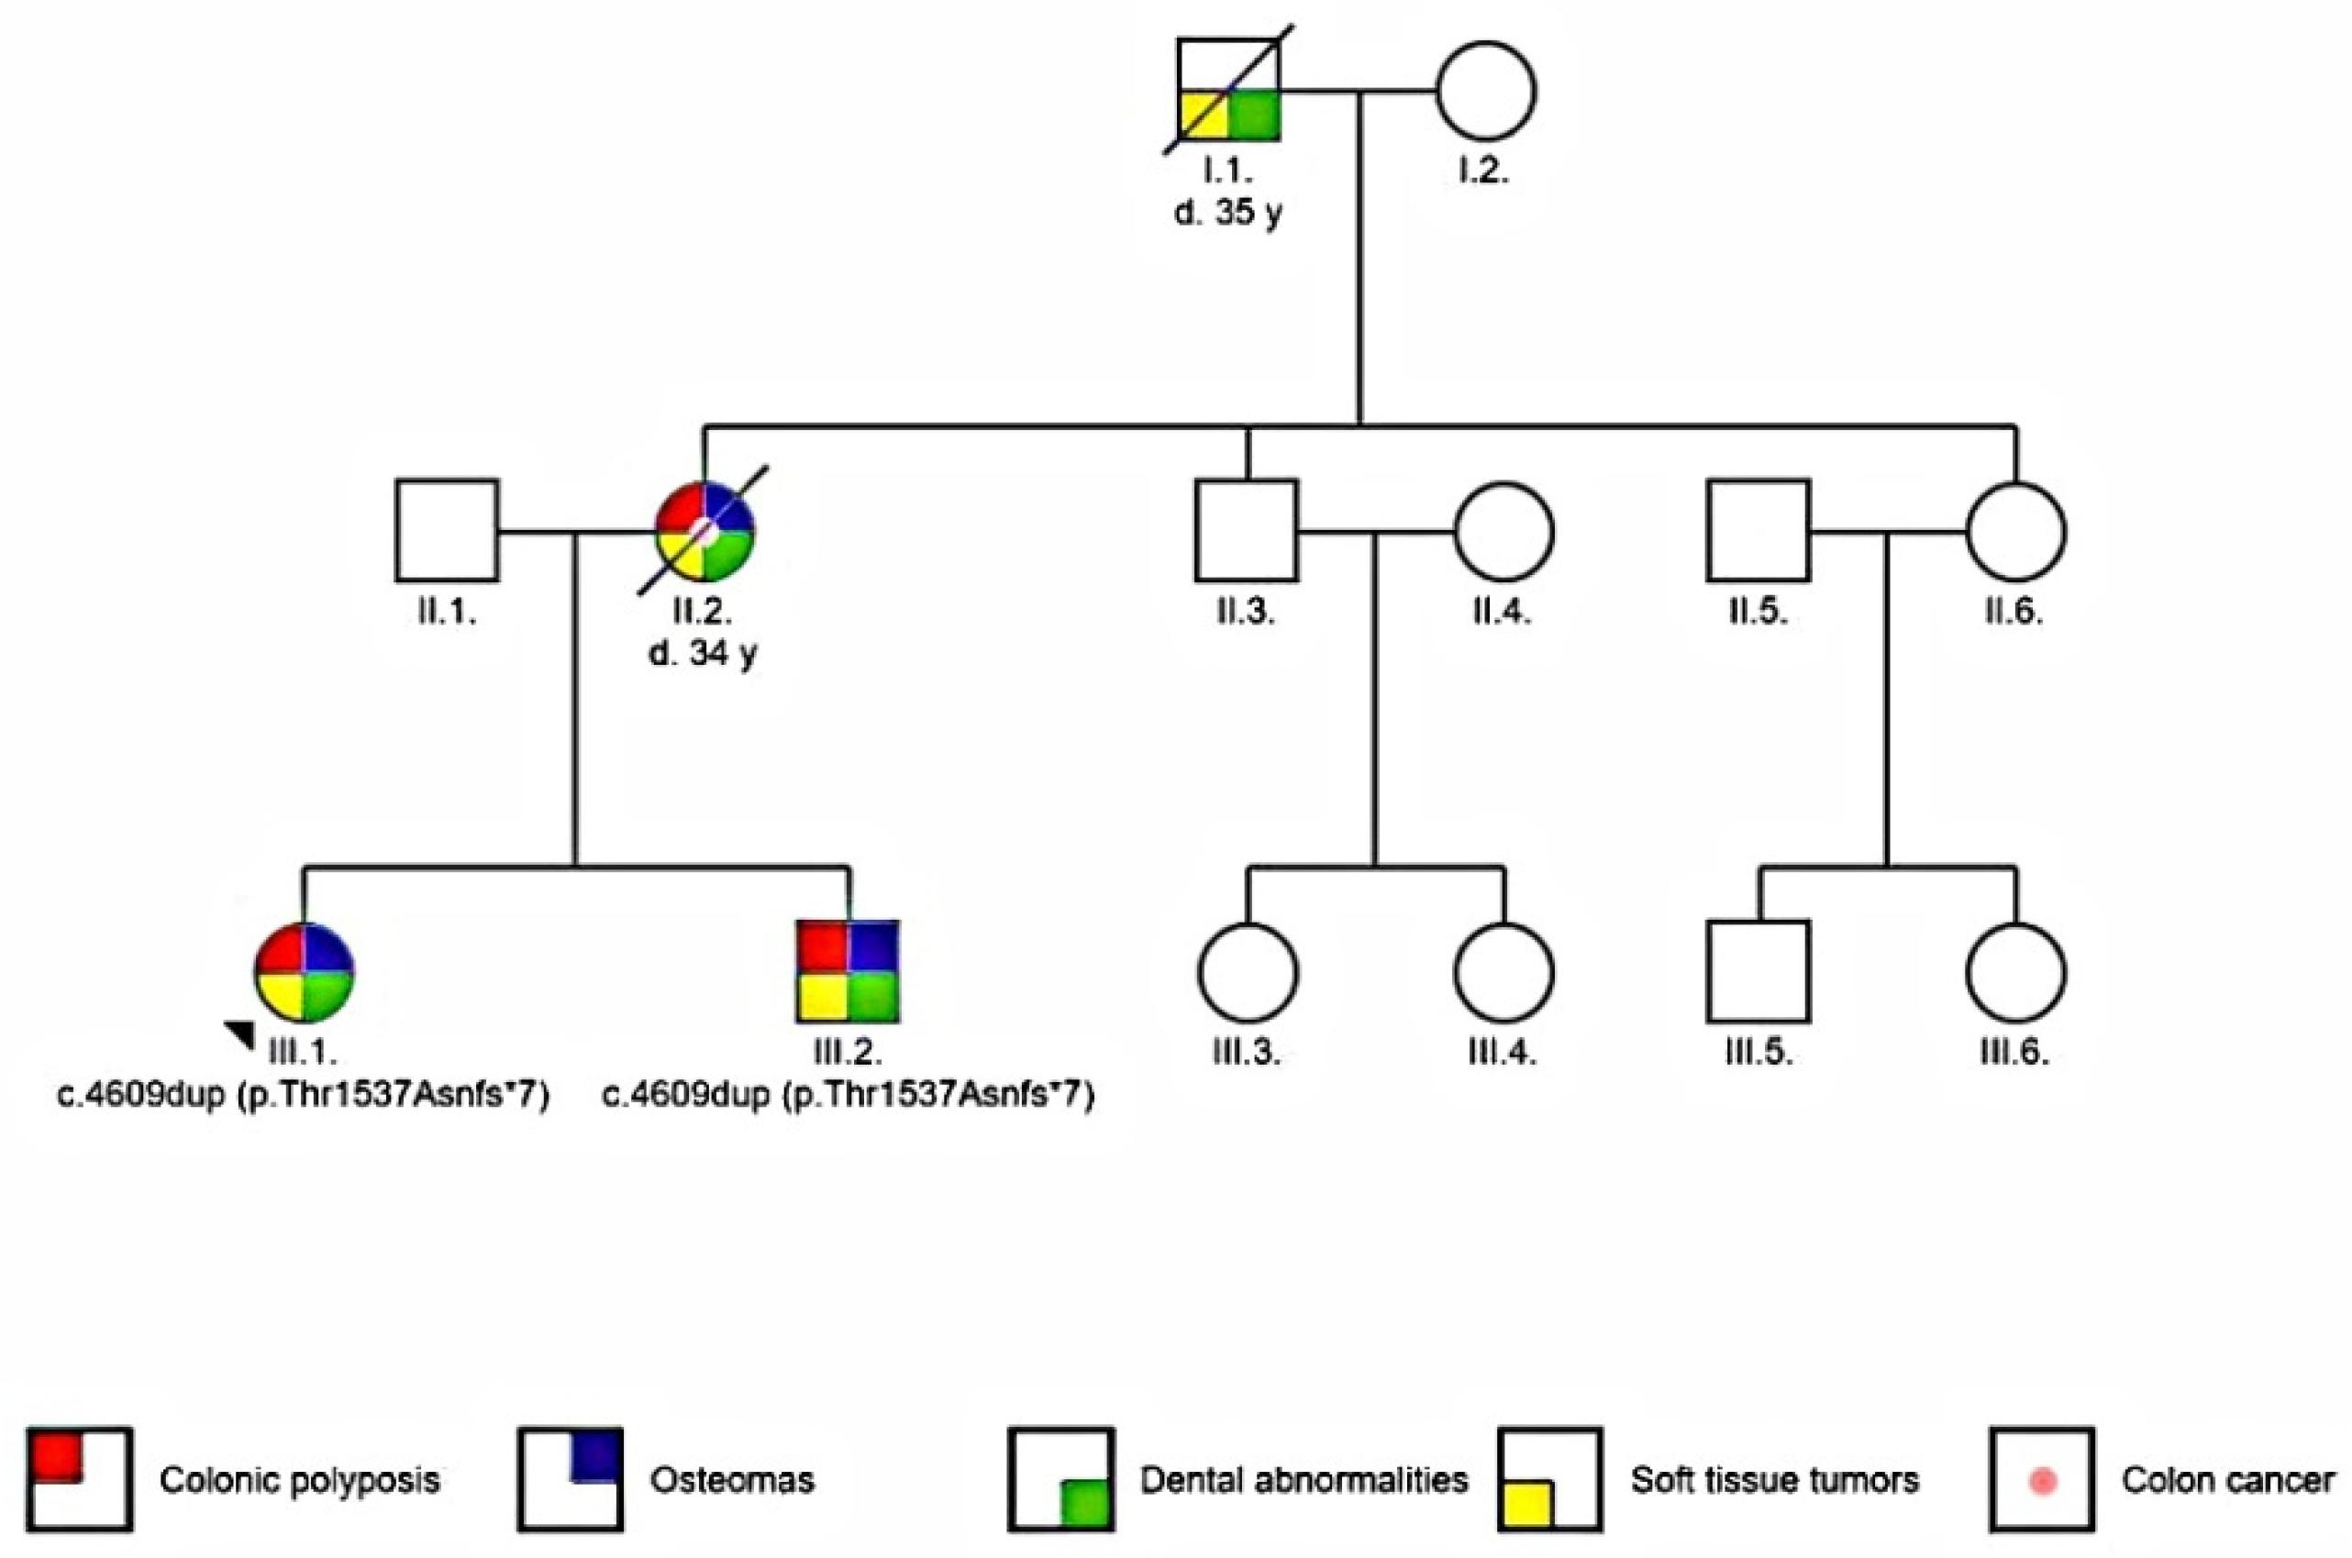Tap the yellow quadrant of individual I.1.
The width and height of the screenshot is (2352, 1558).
pos(1204,116)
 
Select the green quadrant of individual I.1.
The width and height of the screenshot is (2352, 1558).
pos(1255,116)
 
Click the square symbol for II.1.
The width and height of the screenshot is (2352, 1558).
pos(446,531)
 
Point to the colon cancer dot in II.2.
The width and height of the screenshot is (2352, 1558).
pos(704,531)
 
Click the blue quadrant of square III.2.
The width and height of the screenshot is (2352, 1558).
pos(874,946)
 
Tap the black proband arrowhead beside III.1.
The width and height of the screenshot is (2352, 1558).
pos(241,1033)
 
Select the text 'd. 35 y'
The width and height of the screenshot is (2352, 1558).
pos(1228,213)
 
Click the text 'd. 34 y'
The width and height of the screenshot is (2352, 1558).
pos(704,654)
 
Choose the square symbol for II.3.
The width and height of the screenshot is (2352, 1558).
pos(1246,531)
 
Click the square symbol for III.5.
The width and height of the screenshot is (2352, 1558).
pos(1758,972)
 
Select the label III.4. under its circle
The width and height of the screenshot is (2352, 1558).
pos(1503,1051)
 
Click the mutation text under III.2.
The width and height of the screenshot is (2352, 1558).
pos(848,1095)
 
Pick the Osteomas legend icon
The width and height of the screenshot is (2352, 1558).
pos(571,1478)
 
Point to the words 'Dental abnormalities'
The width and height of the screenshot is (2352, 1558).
pos(1304,1479)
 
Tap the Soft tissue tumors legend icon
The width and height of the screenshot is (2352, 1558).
pos(1550,1478)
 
